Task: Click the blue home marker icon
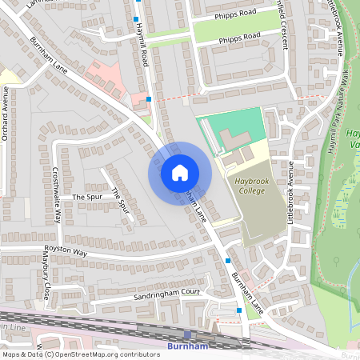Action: (x=180, y=172)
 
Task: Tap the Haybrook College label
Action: (x=255, y=186)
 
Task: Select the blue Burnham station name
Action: (x=188, y=346)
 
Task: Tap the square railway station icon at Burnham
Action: (x=188, y=334)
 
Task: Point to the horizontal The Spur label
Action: (x=88, y=196)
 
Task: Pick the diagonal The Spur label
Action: (x=120, y=200)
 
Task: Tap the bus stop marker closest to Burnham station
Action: (x=238, y=310)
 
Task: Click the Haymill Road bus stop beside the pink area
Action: (x=148, y=99)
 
